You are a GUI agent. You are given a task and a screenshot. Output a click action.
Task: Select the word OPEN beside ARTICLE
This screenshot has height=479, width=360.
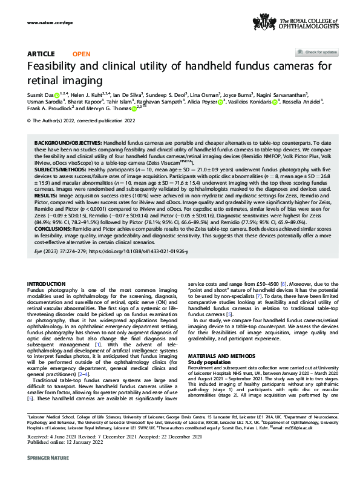coord(81,54)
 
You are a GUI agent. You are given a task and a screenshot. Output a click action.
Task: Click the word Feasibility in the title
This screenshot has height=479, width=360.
coord(57,67)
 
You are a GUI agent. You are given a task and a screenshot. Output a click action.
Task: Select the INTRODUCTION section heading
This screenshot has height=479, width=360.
coord(47,283)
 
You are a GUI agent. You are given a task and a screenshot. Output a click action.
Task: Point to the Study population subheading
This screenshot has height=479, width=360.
coord(211,361)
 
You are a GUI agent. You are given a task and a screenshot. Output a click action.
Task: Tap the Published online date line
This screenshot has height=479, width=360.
coord(58,448)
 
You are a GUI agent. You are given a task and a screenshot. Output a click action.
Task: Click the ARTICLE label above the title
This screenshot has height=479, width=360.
coord(41,54)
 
